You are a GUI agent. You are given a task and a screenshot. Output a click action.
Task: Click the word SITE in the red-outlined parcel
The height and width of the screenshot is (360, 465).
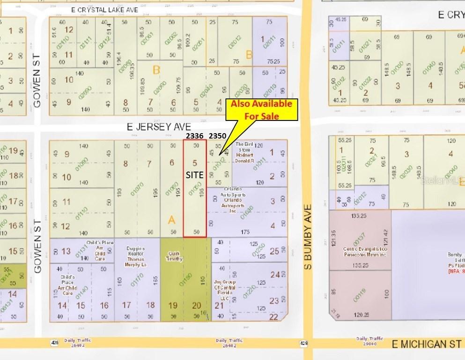click(194, 174)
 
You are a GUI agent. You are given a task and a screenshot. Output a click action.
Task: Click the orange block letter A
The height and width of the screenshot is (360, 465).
click(172, 219)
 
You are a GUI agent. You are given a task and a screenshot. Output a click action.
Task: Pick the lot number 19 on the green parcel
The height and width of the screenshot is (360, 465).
click(173, 306)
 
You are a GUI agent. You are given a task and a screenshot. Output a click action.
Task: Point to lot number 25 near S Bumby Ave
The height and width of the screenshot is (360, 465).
click(274, 252)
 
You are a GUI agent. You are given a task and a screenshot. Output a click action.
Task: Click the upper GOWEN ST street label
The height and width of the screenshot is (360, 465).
click(38, 86)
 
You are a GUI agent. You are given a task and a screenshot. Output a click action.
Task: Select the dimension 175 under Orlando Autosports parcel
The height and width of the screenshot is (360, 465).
click(245, 232)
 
